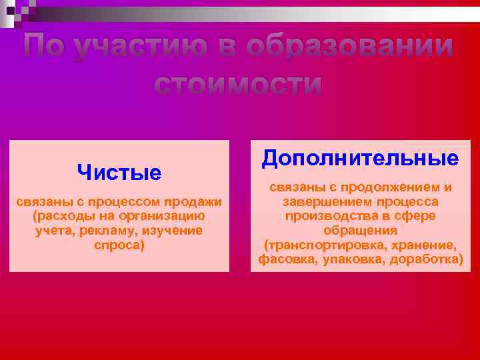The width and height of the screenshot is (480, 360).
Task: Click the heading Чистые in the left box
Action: [119, 173]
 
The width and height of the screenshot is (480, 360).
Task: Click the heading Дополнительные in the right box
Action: [360, 158]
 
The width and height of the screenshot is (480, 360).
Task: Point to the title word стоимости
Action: [238, 85]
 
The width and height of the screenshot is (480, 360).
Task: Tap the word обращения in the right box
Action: [360, 230]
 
